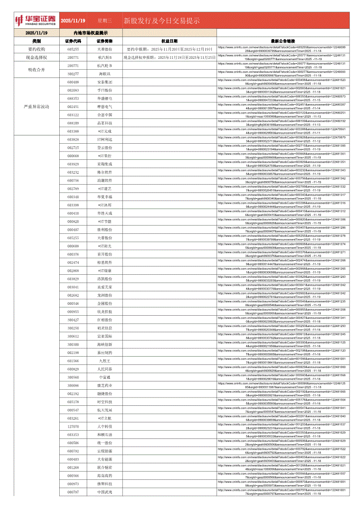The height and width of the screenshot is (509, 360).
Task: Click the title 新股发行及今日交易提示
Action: coord(162,20)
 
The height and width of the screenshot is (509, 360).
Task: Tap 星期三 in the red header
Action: coord(105,20)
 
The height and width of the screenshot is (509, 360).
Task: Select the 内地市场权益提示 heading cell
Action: coord(91,33)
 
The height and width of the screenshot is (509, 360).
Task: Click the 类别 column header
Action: coord(36,41)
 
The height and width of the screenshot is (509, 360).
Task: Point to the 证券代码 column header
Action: coord(73,41)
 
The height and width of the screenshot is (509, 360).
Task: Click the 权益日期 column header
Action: coord(169,41)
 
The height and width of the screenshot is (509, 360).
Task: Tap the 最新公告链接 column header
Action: coord(283,41)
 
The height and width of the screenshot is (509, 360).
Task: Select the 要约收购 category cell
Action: coord(36,49)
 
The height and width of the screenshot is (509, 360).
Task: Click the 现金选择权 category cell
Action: coord(36,57)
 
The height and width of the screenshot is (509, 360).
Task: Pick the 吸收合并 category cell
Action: coord(36,70)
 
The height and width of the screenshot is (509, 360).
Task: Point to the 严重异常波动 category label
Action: coord(36,106)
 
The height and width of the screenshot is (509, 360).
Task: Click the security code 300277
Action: coord(73,74)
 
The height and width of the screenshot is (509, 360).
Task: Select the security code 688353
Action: coord(73,98)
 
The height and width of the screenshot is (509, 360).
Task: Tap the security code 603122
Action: coord(73,115)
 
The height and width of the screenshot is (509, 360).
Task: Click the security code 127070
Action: coord(73,426)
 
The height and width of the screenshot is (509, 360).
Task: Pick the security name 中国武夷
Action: coord(105,492)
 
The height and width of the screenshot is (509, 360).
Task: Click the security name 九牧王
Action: coord(105,361)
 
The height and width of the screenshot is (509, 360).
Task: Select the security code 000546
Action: coord(73,303)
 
